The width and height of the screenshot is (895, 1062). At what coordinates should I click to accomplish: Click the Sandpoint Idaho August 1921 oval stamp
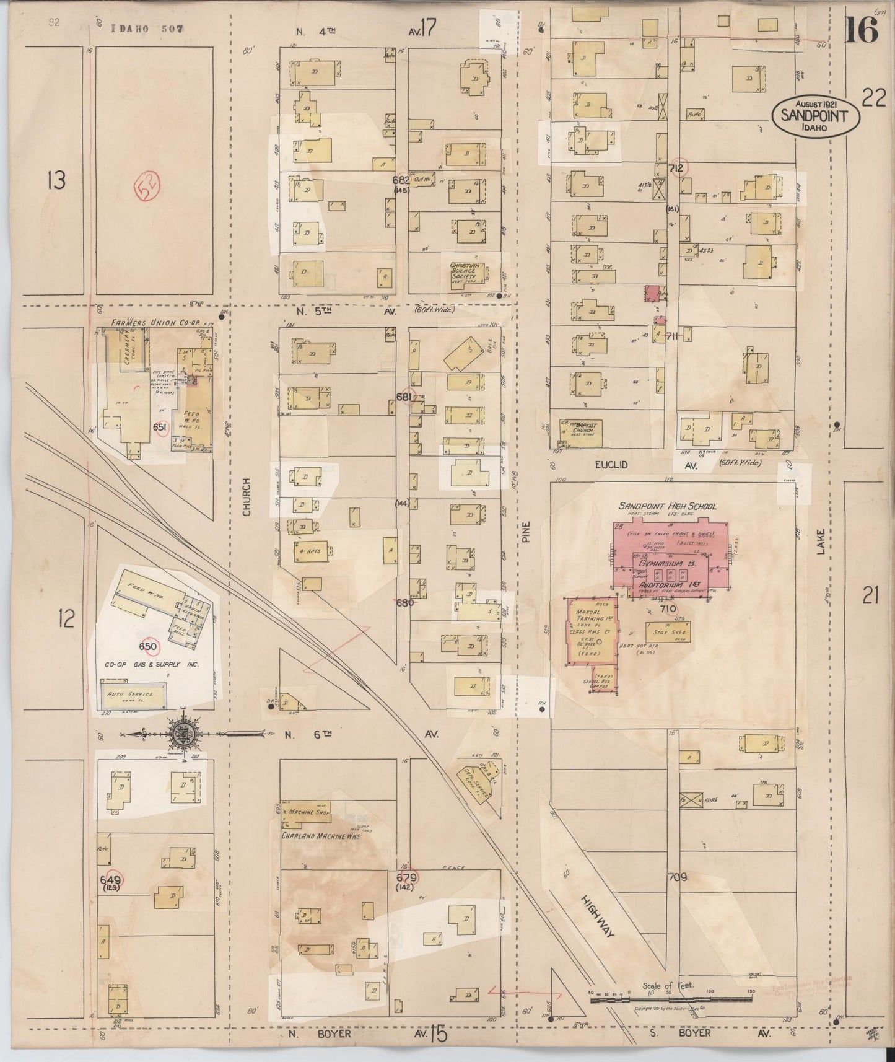tap(815, 116)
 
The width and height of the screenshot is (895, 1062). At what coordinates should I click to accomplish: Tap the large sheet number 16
tap(862, 30)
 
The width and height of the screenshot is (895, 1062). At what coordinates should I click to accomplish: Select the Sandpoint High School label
tap(668, 506)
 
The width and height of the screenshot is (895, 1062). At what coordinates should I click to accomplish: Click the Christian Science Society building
tap(466, 274)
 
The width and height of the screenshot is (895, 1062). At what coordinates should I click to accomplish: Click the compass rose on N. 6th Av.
tap(186, 734)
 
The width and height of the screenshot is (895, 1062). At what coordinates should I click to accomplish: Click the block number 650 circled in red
tap(148, 647)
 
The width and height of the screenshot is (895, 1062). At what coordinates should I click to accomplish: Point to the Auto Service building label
tap(134, 695)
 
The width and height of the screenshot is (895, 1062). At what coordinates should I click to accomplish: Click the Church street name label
tap(247, 497)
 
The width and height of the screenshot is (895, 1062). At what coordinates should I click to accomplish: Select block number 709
tap(677, 877)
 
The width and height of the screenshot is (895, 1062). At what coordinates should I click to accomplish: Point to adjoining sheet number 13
tap(56, 181)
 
